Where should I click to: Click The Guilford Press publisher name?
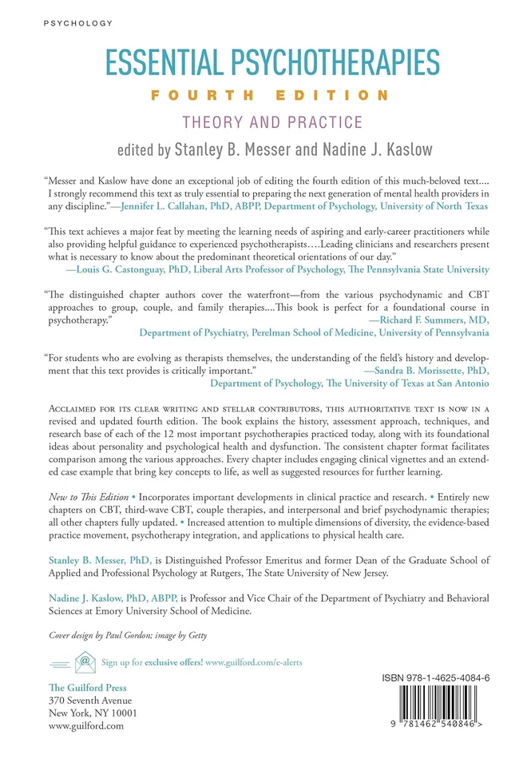point(87,688)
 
